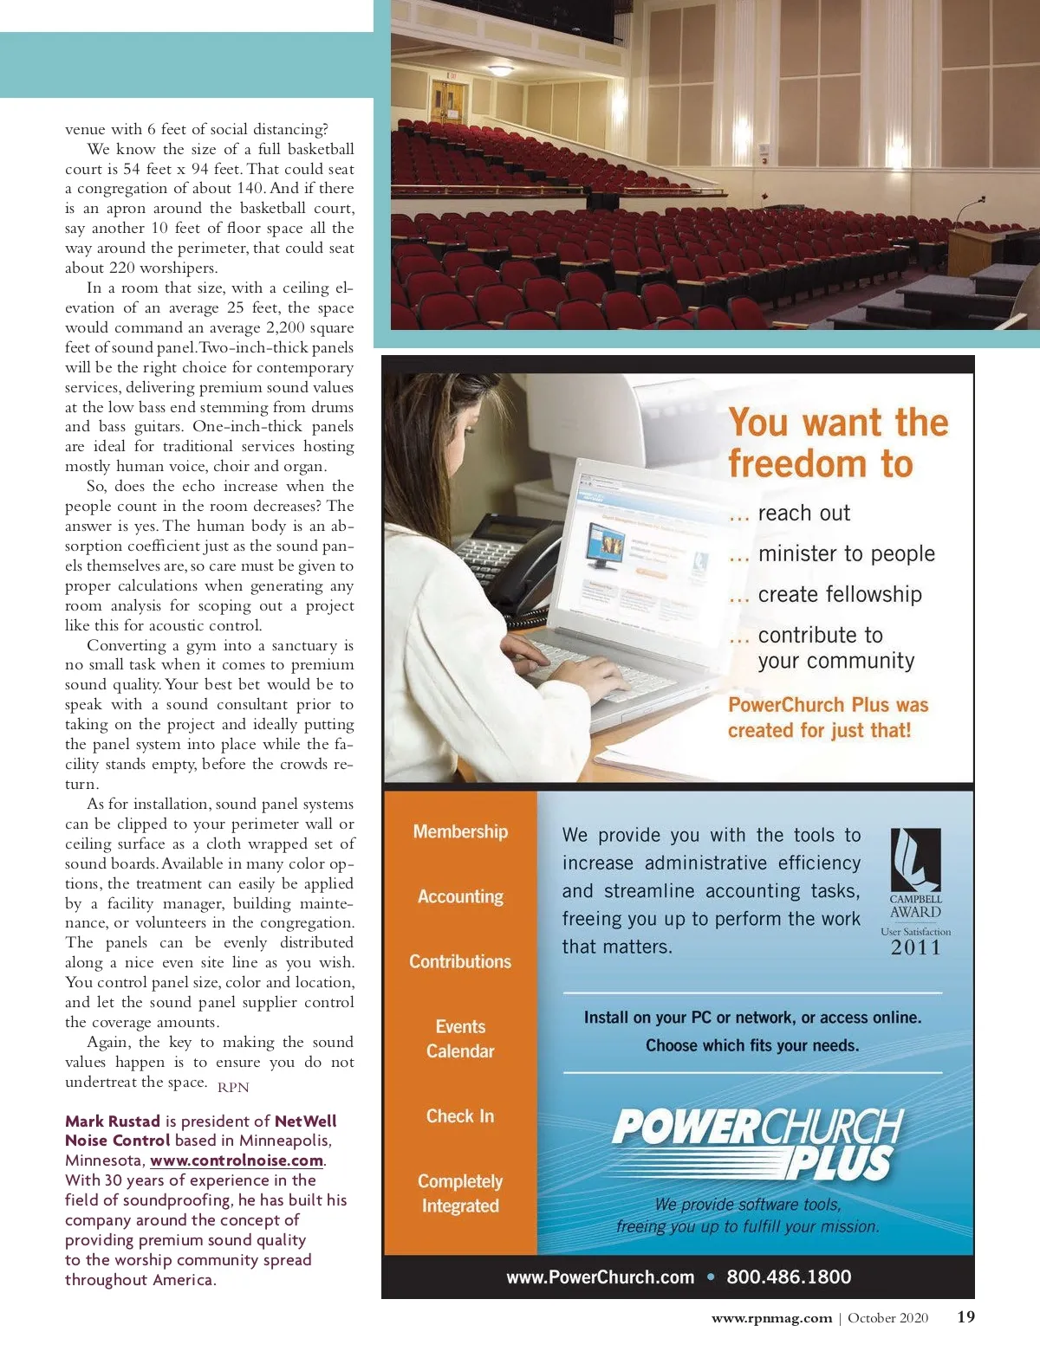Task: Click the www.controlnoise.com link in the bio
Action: [237, 1160]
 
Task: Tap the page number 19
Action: [965, 1316]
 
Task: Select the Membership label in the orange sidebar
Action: [460, 831]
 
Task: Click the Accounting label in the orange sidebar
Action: [460, 896]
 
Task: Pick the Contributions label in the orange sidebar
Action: [460, 961]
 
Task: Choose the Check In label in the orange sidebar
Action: [460, 1116]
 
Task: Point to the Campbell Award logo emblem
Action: [915, 860]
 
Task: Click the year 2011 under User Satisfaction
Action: [915, 947]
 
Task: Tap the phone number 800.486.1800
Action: [789, 1277]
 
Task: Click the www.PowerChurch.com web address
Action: [601, 1277]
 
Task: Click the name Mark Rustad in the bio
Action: [113, 1121]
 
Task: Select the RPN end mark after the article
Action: [233, 1087]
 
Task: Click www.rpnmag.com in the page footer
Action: [771, 1318]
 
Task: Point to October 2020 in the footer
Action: [887, 1318]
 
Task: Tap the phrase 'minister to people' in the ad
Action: [846, 553]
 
